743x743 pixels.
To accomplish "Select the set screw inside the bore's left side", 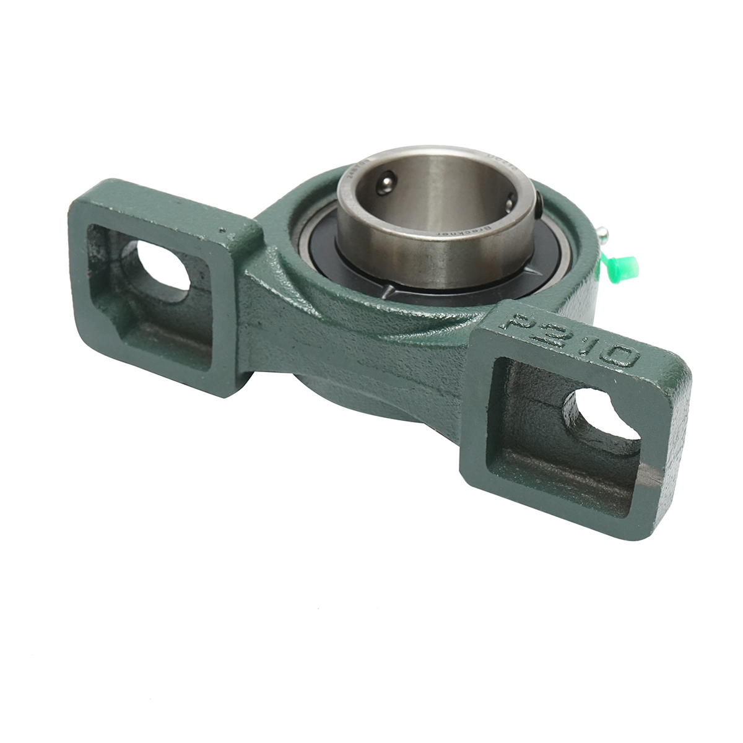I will pyautogui.click(x=385, y=184).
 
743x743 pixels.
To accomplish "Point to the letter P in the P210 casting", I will pyautogui.click(x=521, y=322).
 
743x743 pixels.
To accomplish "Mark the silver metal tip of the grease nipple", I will pyautogui.click(x=604, y=233).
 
